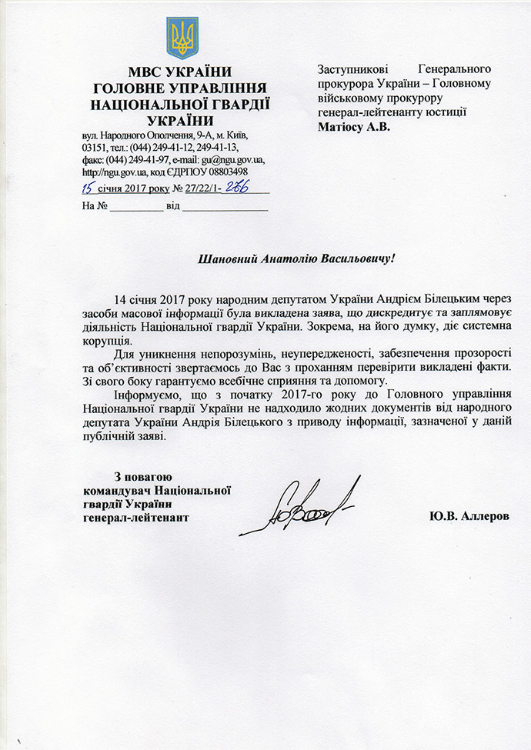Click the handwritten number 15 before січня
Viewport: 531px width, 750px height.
pyautogui.click(x=91, y=187)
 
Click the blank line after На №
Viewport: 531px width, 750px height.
pyautogui.click(x=135, y=207)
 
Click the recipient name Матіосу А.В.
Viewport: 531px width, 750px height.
pyautogui.click(x=354, y=127)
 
